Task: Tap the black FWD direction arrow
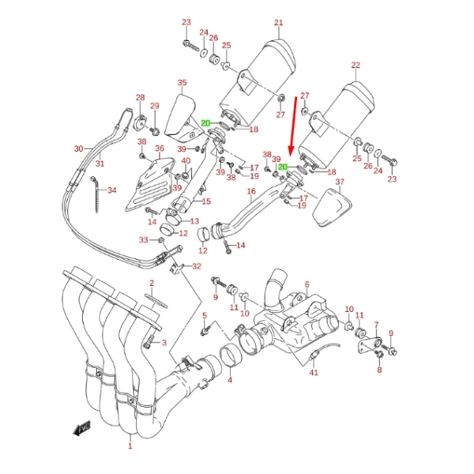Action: coord(82,428)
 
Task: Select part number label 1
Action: coord(130,446)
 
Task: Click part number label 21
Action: coord(278,22)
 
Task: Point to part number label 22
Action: coord(355,65)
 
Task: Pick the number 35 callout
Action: coord(182,82)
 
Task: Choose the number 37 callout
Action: coord(340,182)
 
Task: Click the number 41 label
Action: coord(314,372)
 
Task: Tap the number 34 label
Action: coord(112,190)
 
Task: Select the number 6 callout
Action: coord(307,284)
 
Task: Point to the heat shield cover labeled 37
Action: coord(331,208)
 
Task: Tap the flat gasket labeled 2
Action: coord(156,301)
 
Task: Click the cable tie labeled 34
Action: coord(96,194)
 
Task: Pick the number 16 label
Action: coord(251,191)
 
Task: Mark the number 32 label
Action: coord(197,266)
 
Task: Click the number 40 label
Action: coord(186,161)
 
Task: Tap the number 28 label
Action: coord(141,97)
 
